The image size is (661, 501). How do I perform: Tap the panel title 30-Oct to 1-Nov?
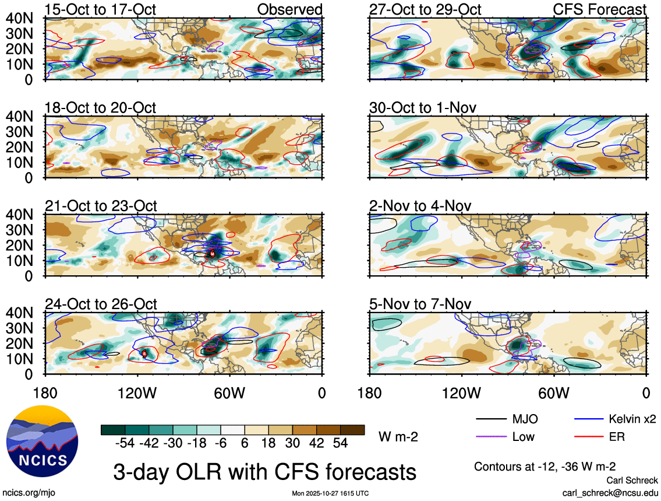pyautogui.click(x=423, y=108)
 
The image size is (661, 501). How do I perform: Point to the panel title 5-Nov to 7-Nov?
pyautogui.click(x=420, y=304)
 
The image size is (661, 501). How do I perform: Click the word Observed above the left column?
pyautogui.click(x=289, y=9)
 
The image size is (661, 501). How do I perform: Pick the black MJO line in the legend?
pyautogui.click(x=492, y=419)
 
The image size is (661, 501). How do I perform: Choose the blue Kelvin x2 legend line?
pyautogui.click(x=589, y=419)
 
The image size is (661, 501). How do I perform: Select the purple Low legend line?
pyautogui.click(x=492, y=436)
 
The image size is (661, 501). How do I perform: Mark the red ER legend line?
pyautogui.click(x=589, y=436)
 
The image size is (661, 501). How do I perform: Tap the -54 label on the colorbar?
pyautogui.click(x=125, y=443)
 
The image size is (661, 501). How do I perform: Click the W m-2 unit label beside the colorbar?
pyautogui.click(x=398, y=436)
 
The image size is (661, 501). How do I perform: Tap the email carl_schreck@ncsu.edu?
pyautogui.click(x=610, y=493)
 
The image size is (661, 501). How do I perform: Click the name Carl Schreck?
pyautogui.click(x=632, y=481)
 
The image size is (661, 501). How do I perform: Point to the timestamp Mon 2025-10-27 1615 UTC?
pyautogui.click(x=330, y=494)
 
